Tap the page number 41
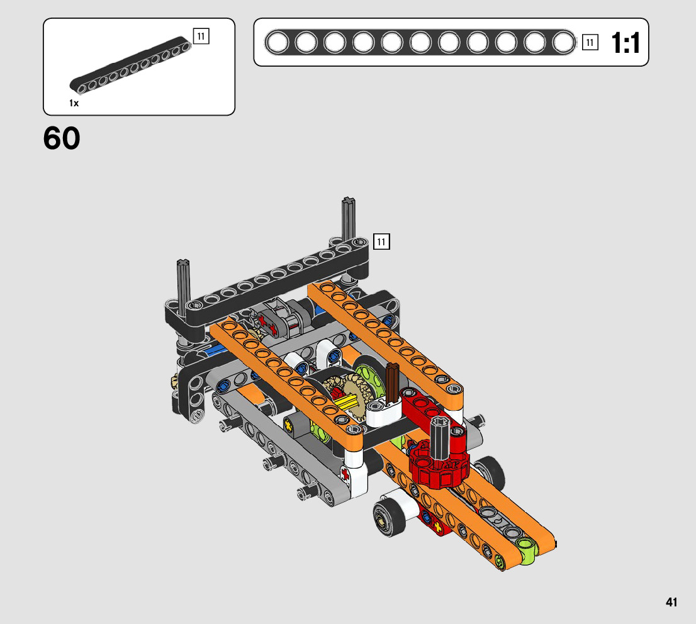click(671, 602)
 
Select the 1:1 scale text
click(626, 43)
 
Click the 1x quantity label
click(74, 103)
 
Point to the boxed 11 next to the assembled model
click(381, 242)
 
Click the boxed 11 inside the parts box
click(201, 36)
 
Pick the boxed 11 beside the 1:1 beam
click(590, 43)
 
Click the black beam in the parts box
click(131, 65)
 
